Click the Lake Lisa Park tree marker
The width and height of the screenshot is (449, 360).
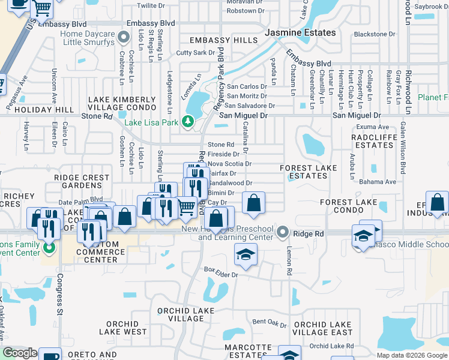click(188, 123)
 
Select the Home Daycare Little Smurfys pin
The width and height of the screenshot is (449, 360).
click(124, 38)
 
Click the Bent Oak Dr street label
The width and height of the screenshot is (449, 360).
click(270, 323)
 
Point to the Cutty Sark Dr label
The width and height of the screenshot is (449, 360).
click(195, 53)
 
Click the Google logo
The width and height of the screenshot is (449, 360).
click(20, 353)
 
